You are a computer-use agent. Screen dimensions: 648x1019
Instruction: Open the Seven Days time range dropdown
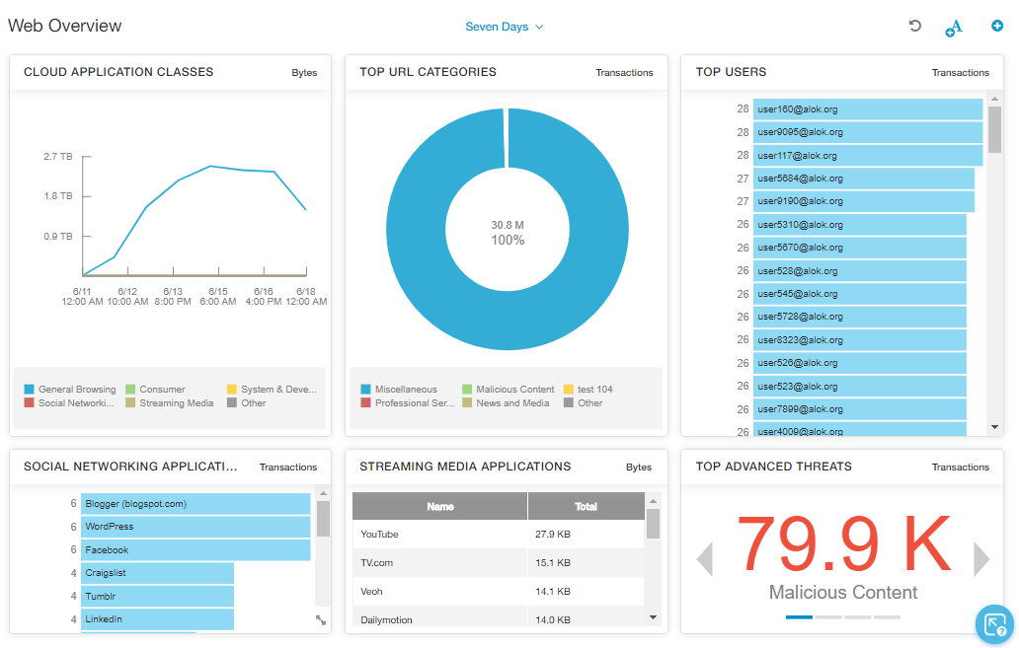[505, 27]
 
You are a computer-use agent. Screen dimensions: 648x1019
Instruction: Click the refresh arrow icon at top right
[915, 27]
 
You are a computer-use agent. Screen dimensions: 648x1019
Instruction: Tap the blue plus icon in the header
[997, 27]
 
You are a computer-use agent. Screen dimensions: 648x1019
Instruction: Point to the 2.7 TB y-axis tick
[58, 156]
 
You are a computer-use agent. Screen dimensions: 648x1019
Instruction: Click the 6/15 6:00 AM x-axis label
[212, 296]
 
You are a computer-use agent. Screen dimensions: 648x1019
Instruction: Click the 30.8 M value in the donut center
[508, 225]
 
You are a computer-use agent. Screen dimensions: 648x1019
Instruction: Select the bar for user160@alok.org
[867, 108]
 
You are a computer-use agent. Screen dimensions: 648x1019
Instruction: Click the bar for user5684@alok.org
[863, 179]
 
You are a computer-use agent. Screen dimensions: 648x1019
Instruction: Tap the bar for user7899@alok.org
[859, 409]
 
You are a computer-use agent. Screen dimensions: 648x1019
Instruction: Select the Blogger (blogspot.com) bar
[195, 504]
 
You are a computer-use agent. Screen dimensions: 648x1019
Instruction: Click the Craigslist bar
[157, 573]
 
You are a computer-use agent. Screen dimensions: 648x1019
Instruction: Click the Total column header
[586, 507]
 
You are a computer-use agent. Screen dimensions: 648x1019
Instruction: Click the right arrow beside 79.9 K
[981, 559]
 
